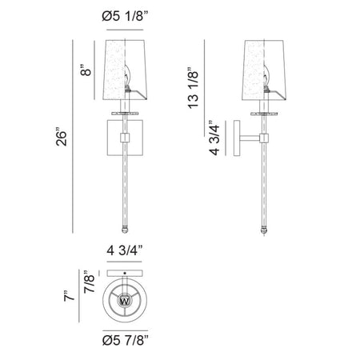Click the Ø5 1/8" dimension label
[x=125, y=17]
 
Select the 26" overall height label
[x=62, y=138]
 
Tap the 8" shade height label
[x=86, y=70]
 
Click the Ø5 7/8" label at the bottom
[x=125, y=340]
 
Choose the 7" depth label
[x=69, y=296]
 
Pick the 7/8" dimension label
[x=89, y=282]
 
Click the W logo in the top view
[x=125, y=301]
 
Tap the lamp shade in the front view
[x=125, y=70]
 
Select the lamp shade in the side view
[x=264, y=70]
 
